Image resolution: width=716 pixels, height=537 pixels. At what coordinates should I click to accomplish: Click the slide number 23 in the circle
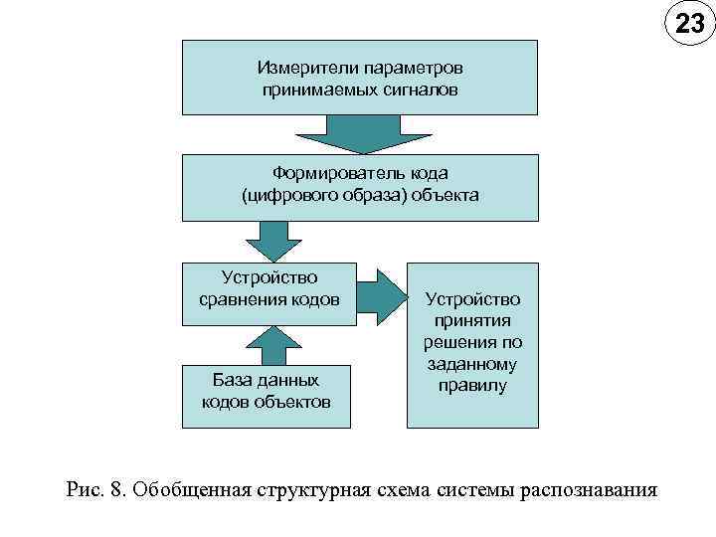(689, 24)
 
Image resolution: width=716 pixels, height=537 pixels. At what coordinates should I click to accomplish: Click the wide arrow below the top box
(360, 132)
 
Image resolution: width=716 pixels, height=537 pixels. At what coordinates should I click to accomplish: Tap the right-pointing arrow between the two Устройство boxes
(381, 294)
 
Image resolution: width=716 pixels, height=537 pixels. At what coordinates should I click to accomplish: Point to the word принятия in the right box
(472, 320)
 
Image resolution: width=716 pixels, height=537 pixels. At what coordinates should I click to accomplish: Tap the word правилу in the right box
(472, 385)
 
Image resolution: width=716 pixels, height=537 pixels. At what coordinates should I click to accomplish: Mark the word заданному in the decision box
(472, 364)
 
